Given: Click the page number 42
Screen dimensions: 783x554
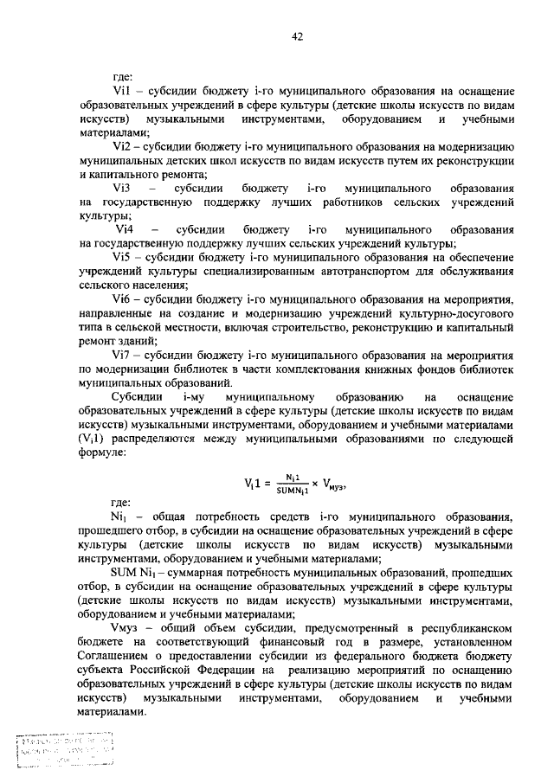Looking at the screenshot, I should click(297, 35).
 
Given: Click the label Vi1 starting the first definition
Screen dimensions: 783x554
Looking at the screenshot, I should click(120, 91).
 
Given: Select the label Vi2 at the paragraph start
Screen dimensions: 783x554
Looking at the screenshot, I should click(120, 146).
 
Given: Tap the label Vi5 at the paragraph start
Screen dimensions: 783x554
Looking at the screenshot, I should click(120, 256).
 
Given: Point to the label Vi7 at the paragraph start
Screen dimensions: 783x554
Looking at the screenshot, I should click(120, 354).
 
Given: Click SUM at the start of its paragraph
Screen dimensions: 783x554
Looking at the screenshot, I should click(125, 573).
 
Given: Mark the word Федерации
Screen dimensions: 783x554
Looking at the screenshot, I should click(225, 684).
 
